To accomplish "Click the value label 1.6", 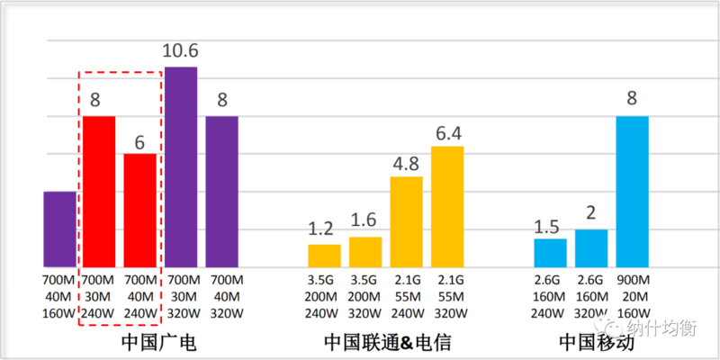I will (365, 221).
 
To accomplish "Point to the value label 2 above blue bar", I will (591, 214).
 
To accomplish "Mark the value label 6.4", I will (447, 131).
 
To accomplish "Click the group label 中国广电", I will (158, 342).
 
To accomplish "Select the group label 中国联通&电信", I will (387, 342).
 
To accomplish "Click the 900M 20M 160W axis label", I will (632, 295).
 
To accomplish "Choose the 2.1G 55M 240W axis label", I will (406, 295).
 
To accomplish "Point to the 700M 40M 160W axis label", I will (59, 295).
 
